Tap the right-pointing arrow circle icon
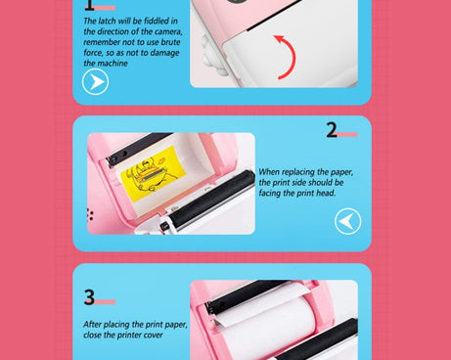point(95,81)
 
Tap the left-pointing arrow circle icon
point(348,221)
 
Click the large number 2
point(332,130)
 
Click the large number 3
point(89,297)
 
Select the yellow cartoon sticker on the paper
point(153,174)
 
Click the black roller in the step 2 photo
point(212,199)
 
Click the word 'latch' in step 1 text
point(107,21)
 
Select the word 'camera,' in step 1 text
point(168,31)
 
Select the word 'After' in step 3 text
point(91,325)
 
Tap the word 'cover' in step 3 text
point(154,336)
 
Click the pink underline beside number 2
point(347,134)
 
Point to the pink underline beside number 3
point(105,302)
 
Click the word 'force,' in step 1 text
point(93,53)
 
